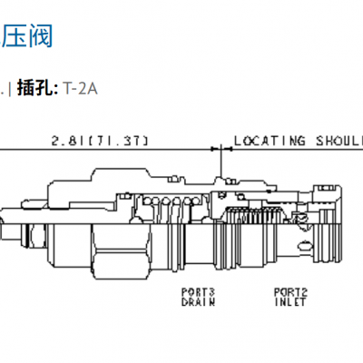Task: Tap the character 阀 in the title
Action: tap(40, 36)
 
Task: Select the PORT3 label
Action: tap(198, 292)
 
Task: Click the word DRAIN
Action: tap(198, 302)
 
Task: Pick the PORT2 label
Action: tap(291, 292)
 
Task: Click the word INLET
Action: tap(291, 302)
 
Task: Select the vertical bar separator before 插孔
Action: tap(10, 88)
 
